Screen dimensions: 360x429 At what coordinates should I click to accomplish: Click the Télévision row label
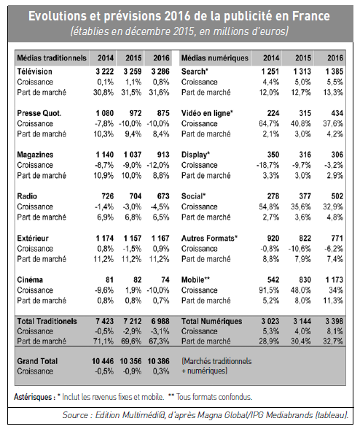coord(34,71)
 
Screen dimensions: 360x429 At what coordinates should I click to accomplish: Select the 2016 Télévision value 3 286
coord(160,71)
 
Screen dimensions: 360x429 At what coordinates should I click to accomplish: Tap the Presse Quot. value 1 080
coord(105,113)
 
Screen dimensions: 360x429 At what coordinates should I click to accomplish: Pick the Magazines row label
coord(35,155)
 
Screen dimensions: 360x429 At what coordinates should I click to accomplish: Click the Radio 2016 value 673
coord(163,196)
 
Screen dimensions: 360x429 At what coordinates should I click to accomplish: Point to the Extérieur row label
coord(33,239)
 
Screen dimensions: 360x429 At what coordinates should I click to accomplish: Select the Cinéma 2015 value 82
coord(137,280)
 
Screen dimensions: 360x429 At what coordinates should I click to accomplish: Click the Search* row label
coord(195,71)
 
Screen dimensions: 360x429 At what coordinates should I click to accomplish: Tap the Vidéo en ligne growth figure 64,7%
coord(269,124)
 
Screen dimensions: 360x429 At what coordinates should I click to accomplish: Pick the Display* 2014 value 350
coord(273,155)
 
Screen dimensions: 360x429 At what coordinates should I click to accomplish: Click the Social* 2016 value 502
coord(337,196)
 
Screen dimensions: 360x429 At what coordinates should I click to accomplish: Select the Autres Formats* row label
coord(209,239)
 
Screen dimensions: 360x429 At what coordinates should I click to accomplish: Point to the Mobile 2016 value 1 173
coord(334,280)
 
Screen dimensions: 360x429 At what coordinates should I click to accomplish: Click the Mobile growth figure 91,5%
coord(269,290)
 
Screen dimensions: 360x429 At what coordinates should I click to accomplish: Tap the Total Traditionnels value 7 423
coord(105,321)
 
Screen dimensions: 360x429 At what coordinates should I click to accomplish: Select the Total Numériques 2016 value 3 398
coord(334,321)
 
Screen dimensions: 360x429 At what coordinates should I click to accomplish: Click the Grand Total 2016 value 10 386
coord(159,361)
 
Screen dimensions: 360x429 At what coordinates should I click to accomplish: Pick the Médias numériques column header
coord(215,58)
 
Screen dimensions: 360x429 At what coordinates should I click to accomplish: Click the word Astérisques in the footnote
coord(33,397)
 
